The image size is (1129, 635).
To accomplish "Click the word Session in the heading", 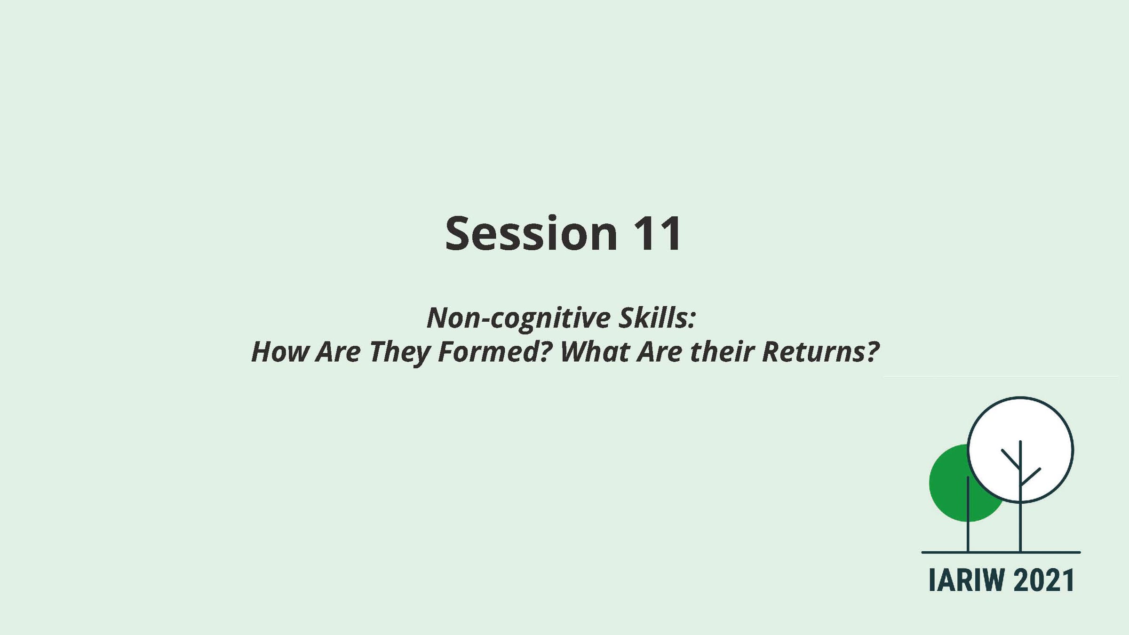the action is pyautogui.click(x=531, y=233).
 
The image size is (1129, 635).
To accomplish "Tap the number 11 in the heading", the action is pyautogui.click(x=658, y=234).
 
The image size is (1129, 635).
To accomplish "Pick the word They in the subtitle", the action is pyautogui.click(x=399, y=353).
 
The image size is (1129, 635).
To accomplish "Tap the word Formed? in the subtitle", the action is pyautogui.click(x=494, y=351).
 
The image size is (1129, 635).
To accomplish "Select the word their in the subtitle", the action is pyautogui.click(x=722, y=351).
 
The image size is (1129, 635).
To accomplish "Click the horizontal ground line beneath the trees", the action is pyautogui.click(x=1001, y=552).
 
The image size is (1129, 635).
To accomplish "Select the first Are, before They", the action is pyautogui.click(x=338, y=351).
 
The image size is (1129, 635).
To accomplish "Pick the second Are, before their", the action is pyautogui.click(x=660, y=351).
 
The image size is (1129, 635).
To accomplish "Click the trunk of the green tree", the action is pyautogui.click(x=968, y=514).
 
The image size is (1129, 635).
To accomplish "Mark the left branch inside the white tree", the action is pyautogui.click(x=1010, y=460).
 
